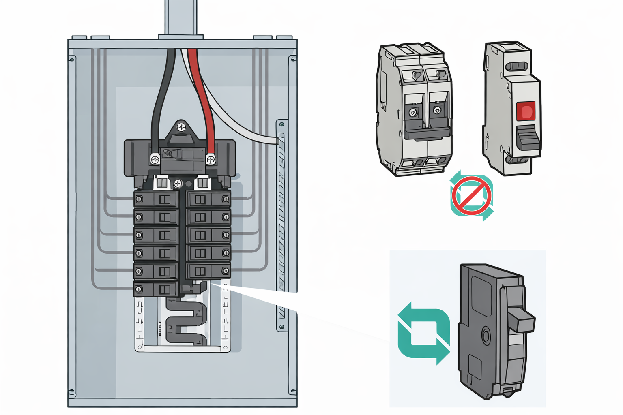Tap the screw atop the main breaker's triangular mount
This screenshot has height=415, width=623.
181,128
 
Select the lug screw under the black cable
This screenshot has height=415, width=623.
155,159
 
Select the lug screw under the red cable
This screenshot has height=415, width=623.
211,159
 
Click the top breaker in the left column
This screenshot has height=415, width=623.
156,199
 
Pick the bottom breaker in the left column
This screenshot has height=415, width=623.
156,289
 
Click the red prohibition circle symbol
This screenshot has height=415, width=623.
472,195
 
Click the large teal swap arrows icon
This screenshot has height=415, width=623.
423,333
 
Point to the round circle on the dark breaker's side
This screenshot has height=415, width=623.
486,336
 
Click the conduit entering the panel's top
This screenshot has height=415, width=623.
181,18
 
